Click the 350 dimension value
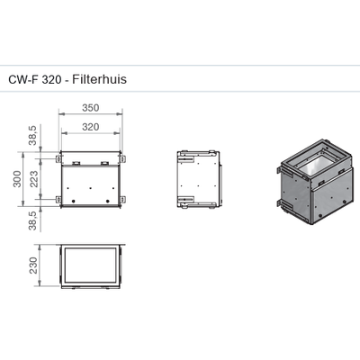91,108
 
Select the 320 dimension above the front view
91,127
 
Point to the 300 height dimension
17,179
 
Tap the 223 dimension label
34,179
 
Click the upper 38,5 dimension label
32,136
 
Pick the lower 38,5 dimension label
32,220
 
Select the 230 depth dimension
33,265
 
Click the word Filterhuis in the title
99,79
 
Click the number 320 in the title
52,79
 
